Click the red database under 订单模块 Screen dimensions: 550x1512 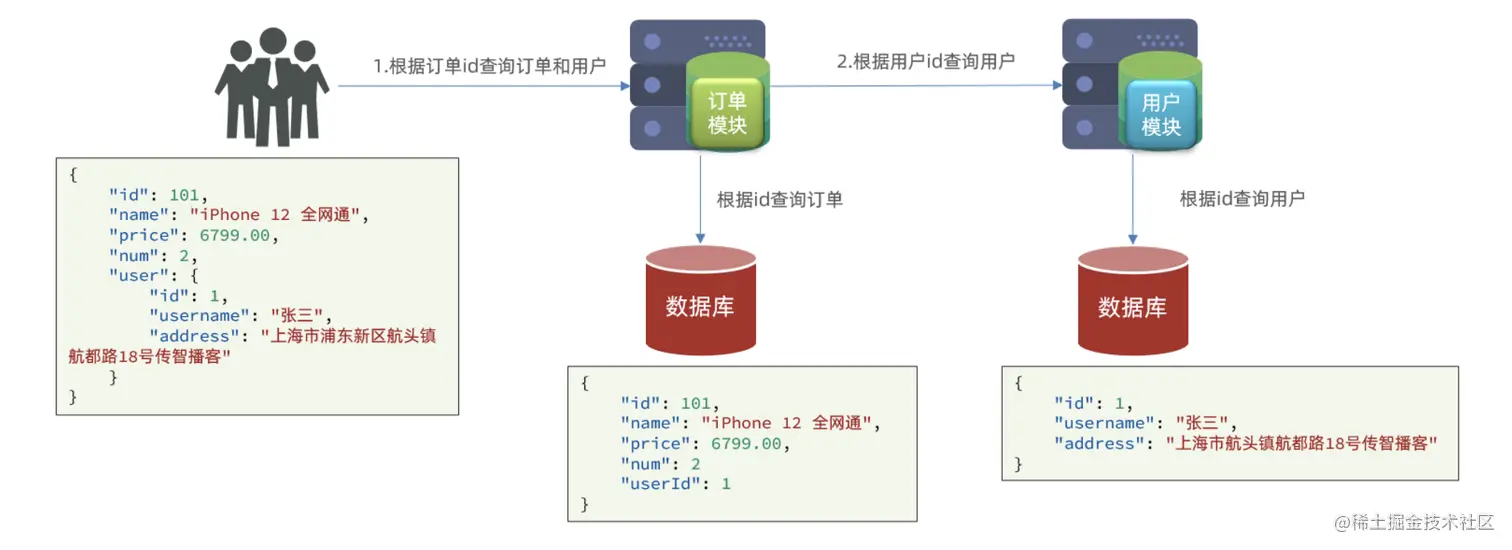pyautogui.click(x=700, y=301)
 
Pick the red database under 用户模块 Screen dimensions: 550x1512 pyautogui.click(x=1132, y=301)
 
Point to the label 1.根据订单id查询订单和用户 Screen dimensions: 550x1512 pyautogui.click(x=490, y=66)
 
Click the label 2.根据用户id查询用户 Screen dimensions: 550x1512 pyautogui.click(x=926, y=61)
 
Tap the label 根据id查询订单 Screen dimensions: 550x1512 pyautogui.click(x=780, y=199)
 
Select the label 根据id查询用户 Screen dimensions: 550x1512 pyautogui.click(x=1242, y=198)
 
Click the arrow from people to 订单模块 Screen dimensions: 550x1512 pyautogui.click(x=480, y=87)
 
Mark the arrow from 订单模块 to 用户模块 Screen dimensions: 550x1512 pyautogui.click(x=915, y=86)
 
